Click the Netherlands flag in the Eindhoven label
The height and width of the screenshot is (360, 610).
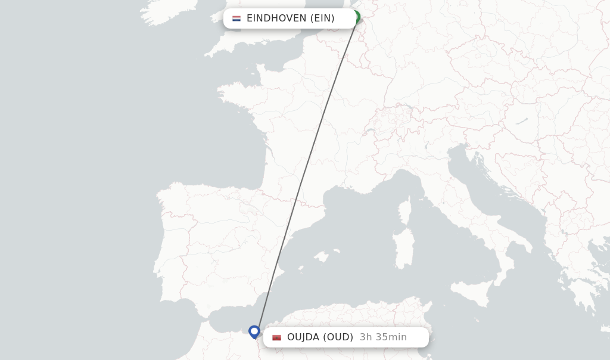click(236, 18)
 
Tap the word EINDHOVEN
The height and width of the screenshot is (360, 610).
click(276, 18)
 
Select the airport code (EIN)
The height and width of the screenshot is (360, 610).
click(322, 18)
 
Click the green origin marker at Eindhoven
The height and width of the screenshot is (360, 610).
click(356, 17)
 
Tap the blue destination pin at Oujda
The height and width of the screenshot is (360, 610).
click(254, 331)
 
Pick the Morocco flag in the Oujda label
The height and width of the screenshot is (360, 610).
click(276, 337)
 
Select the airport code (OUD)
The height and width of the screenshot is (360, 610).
click(338, 337)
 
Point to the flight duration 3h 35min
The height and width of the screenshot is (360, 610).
click(383, 337)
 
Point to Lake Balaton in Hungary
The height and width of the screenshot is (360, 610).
click(522, 121)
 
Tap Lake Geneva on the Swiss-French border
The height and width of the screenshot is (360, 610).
click(369, 129)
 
